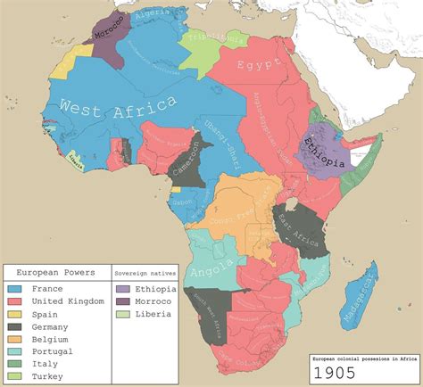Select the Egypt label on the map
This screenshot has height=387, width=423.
[x=259, y=65]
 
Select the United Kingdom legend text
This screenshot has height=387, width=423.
[x=67, y=301]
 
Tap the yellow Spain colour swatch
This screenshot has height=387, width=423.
[x=14, y=314]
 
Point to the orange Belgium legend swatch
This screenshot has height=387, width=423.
[x=14, y=339]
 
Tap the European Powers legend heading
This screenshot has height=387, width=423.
[x=55, y=270]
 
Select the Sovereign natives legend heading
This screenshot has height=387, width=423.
[x=146, y=270]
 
